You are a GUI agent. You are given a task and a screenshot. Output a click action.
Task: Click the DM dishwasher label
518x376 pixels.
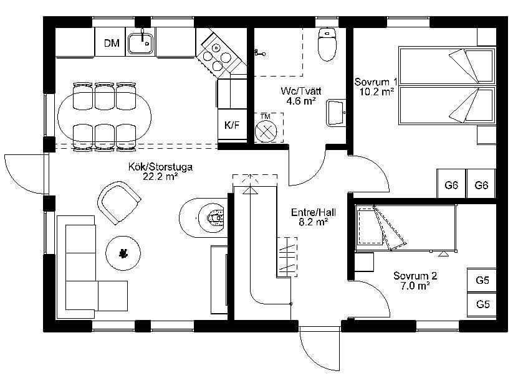pyautogui.click(x=112, y=43)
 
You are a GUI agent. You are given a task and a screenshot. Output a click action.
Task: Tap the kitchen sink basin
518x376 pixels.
pyautogui.click(x=141, y=43)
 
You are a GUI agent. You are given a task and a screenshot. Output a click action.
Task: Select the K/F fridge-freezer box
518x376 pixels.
pyautogui.click(x=233, y=125)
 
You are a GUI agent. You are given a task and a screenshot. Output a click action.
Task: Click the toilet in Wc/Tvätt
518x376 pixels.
pyautogui.click(x=327, y=44)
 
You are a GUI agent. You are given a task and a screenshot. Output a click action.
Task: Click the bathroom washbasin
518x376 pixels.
pyautogui.click(x=336, y=113)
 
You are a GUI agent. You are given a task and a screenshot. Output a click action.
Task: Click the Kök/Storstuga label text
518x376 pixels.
pyautogui.click(x=160, y=167)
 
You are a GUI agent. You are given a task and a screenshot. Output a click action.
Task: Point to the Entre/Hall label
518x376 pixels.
pyautogui.click(x=314, y=212)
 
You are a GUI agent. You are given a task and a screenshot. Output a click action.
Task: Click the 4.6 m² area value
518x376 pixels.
pyautogui.click(x=300, y=101)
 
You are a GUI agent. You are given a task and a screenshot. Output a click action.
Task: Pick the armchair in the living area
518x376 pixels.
pyautogui.click(x=119, y=203)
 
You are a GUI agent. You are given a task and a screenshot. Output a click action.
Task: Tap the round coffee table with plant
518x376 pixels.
pyautogui.click(x=123, y=253)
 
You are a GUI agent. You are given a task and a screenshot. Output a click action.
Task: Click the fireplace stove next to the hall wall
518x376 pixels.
pyautogui.click(x=203, y=218)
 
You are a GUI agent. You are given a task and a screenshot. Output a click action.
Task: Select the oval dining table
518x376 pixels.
pyautogui.click(x=104, y=117)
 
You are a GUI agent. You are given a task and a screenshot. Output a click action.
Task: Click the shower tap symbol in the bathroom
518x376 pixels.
pyautogui.click(x=260, y=52)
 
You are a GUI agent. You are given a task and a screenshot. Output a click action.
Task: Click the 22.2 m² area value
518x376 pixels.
pyautogui.click(x=160, y=176)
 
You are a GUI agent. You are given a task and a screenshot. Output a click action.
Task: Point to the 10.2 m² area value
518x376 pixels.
pyautogui.click(x=377, y=92)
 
